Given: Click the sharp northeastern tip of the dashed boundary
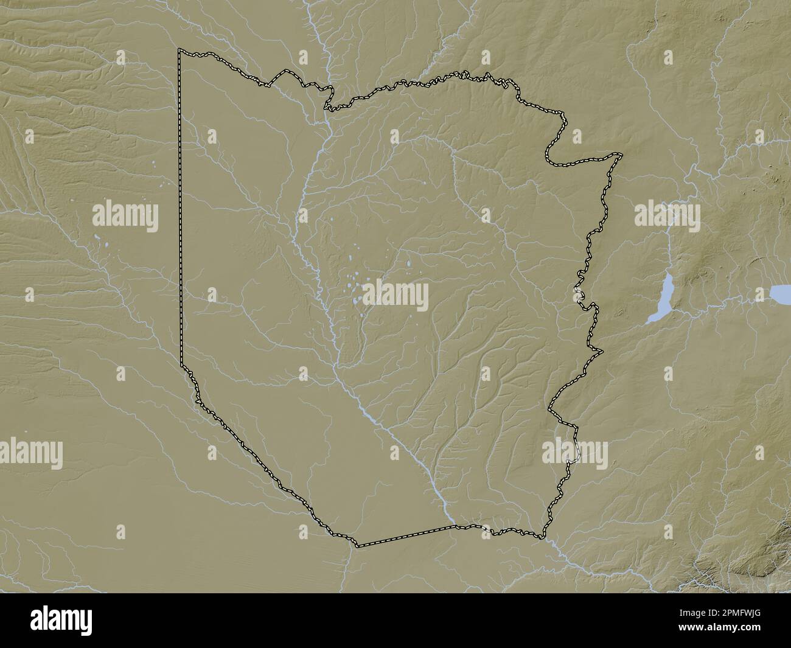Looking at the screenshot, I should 621,155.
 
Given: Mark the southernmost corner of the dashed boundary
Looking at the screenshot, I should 358,546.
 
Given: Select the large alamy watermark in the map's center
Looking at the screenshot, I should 395,296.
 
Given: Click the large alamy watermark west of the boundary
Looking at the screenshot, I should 125,217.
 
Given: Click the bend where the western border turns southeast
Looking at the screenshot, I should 182,364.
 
